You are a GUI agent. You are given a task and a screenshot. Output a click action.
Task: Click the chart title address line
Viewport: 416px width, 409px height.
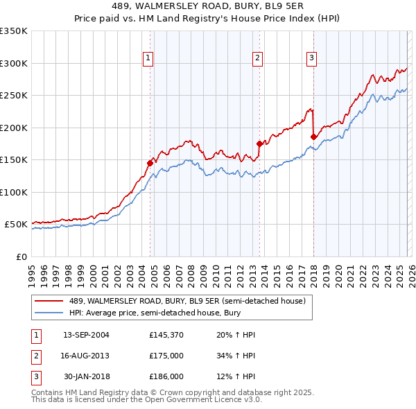click(x=208, y=6)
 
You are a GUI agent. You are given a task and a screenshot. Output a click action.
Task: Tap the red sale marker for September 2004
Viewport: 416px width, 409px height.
click(x=150, y=163)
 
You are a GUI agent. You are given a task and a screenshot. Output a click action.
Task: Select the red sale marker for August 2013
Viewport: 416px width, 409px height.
click(x=259, y=144)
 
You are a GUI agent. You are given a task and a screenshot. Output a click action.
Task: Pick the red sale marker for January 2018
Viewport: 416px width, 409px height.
click(x=313, y=137)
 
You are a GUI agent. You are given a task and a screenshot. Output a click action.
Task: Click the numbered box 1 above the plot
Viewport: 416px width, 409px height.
click(x=149, y=59)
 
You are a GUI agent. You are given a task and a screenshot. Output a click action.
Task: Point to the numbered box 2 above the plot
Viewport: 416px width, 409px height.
click(x=257, y=59)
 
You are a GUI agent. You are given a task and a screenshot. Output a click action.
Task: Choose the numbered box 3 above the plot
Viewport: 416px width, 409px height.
click(x=311, y=59)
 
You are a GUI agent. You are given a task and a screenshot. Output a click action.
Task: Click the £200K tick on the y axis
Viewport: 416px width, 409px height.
click(x=14, y=128)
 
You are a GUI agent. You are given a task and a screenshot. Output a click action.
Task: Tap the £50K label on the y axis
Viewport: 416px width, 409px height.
click(x=16, y=225)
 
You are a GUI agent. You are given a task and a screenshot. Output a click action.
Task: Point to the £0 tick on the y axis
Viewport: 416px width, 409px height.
click(x=21, y=256)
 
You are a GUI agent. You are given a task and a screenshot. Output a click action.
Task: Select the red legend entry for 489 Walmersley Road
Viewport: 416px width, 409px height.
click(x=191, y=301)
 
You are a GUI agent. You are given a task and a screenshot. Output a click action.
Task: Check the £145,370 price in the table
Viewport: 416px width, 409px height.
click(x=166, y=335)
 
